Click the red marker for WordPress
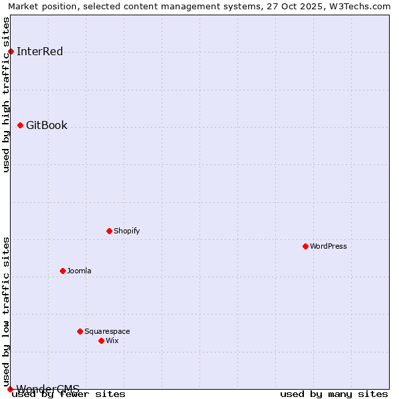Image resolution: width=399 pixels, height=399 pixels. click(305, 246)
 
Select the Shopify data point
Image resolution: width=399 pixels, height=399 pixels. click(109, 231)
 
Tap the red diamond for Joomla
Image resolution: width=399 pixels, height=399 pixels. click(63, 271)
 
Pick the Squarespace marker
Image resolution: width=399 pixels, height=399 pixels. click(80, 331)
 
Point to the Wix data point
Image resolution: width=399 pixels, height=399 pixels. click(101, 340)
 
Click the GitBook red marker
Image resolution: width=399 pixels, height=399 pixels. click(20, 125)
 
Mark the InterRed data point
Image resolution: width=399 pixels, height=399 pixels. click(11, 51)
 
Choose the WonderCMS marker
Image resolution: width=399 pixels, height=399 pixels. click(10, 389)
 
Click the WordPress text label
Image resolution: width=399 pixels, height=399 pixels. click(329, 246)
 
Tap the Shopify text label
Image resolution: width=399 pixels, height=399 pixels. click(127, 231)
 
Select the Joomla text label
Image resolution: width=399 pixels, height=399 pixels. click(79, 271)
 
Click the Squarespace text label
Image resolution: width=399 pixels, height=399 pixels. click(107, 331)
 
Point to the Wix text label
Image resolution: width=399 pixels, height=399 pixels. click(112, 340)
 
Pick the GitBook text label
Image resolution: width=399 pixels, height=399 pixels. click(47, 125)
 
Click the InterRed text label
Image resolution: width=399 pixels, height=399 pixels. click(40, 51)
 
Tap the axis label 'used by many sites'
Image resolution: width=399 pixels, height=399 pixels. click(334, 394)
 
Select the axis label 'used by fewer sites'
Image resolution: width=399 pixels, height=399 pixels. click(69, 394)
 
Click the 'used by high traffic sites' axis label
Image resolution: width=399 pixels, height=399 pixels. click(6, 94)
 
